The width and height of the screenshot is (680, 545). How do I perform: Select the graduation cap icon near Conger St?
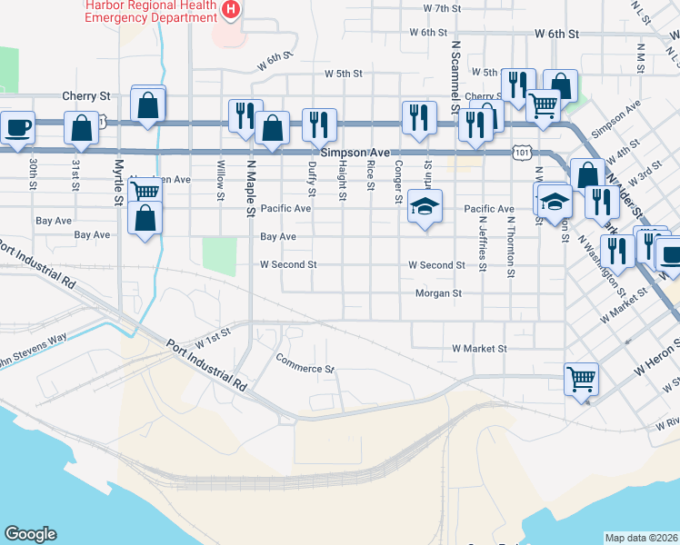425,206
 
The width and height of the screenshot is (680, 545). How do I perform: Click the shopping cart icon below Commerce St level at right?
581,379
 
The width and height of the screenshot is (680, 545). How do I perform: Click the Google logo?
30,534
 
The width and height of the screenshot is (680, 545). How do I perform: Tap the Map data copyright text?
642,537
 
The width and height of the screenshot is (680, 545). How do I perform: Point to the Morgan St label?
438,293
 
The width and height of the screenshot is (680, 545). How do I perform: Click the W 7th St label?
443,8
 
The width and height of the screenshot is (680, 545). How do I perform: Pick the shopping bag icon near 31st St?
81,128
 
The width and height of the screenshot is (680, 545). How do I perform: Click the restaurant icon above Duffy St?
319,125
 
